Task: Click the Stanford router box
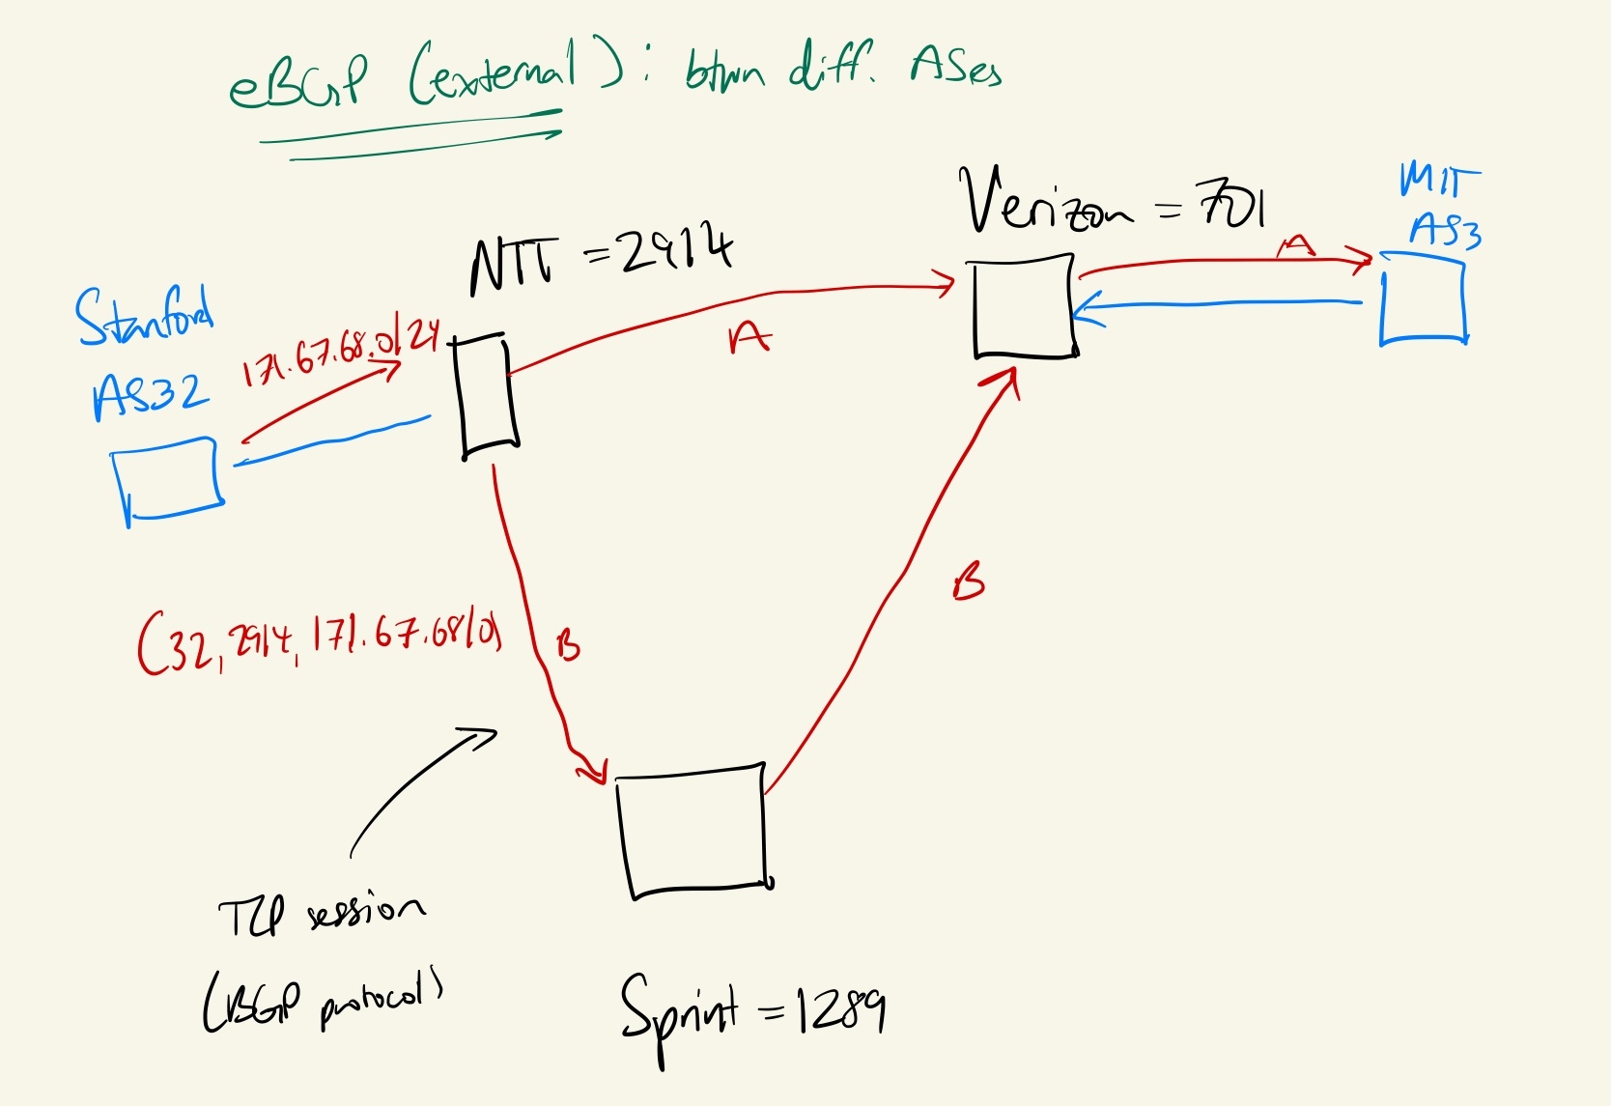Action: [x=169, y=479]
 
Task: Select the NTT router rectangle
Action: [x=487, y=394]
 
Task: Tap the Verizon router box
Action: [x=1024, y=307]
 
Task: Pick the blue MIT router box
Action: [x=1424, y=299]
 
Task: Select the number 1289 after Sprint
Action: [x=838, y=1012]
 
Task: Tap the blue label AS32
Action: [x=151, y=394]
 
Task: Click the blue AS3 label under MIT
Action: [x=1445, y=232]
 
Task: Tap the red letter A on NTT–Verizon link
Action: [x=749, y=338]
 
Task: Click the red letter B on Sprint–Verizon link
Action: [x=968, y=582]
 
